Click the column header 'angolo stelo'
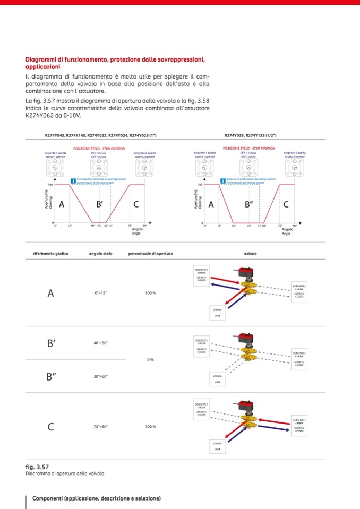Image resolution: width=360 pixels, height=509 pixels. [x=99, y=254]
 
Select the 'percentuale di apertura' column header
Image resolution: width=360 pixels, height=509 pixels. [x=150, y=254]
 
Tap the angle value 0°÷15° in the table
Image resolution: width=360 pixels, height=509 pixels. [x=101, y=293]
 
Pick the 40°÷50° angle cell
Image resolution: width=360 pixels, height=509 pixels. [x=101, y=343]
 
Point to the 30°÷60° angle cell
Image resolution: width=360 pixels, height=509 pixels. [x=101, y=376]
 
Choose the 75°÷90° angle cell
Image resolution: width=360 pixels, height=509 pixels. [x=101, y=427]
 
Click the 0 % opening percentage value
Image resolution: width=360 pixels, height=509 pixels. [x=150, y=360]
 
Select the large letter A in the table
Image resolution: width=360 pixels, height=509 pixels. [x=51, y=293]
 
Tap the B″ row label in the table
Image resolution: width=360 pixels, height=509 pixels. [x=52, y=377]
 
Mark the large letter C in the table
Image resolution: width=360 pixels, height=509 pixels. [x=51, y=427]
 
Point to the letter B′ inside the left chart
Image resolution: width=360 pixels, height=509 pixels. [x=99, y=204]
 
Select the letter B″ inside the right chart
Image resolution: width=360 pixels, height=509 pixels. [x=250, y=204]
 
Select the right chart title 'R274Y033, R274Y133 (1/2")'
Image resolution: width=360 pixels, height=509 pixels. [x=250, y=135]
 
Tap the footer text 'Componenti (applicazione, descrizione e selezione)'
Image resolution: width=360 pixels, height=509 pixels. [x=97, y=498]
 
